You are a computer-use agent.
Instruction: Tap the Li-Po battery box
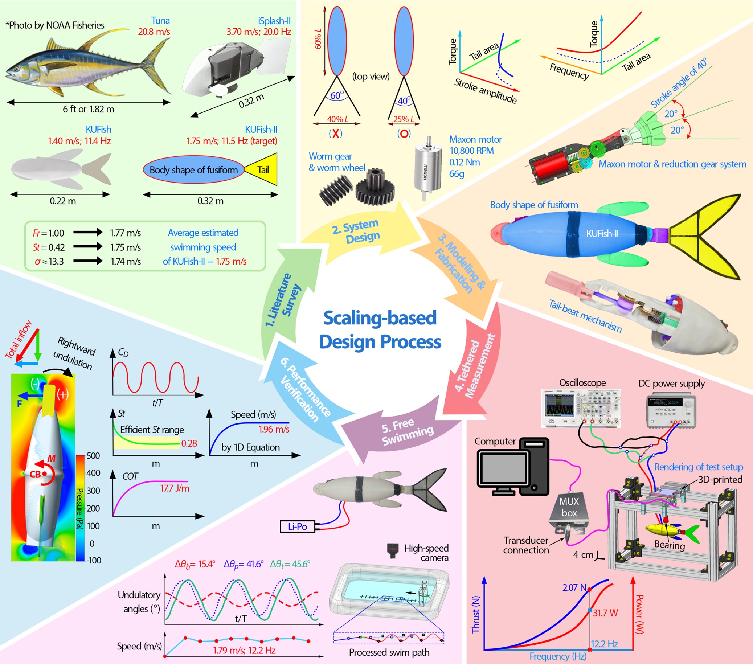coord(298,526)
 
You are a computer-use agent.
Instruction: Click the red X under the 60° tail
coord(336,133)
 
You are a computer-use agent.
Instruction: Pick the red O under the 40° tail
coord(404,133)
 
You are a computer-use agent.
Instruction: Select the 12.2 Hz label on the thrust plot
coord(604,644)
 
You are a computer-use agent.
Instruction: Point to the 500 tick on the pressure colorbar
coord(93,456)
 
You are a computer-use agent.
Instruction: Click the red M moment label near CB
coord(52,459)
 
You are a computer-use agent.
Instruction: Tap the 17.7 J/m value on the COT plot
coord(175,488)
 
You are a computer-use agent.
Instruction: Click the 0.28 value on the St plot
coord(189,443)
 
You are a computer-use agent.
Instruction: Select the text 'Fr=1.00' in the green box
coord(48,233)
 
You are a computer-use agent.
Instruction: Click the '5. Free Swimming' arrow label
coord(408,432)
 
